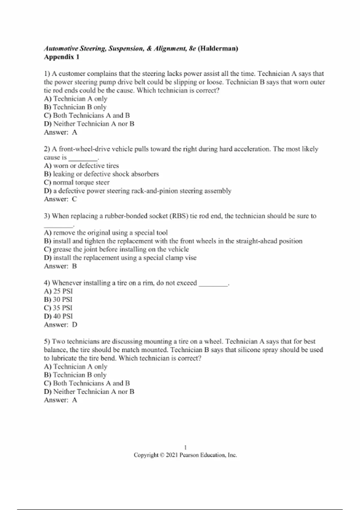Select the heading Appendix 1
point(61,57)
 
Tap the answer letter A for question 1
point(75,132)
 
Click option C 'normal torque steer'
point(76,182)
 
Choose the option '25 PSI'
point(58,291)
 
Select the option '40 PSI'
point(58,316)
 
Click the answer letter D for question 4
point(75,325)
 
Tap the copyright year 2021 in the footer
point(172,455)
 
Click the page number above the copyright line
point(185,448)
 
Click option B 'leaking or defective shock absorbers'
point(101,174)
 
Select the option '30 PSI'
point(58,299)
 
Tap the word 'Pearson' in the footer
point(189,455)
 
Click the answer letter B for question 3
point(75,266)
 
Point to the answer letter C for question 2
point(75,199)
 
